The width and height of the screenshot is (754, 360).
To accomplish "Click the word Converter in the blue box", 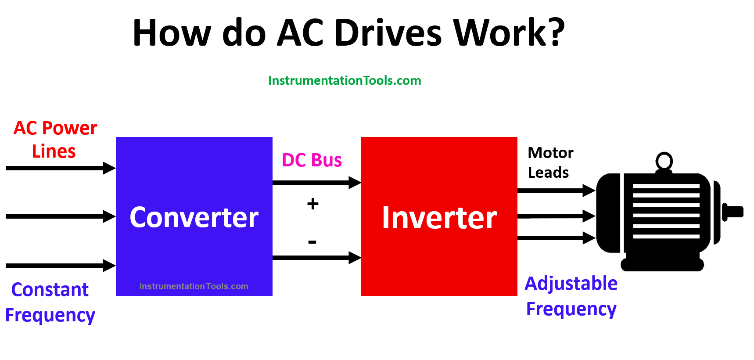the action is click(194, 217).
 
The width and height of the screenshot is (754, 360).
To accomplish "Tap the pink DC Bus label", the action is click(312, 160).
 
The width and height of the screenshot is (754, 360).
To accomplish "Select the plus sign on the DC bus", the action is click(313, 204).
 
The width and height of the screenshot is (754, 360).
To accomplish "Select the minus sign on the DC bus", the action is click(312, 242).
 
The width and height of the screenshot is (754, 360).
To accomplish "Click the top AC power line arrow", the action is click(61, 168).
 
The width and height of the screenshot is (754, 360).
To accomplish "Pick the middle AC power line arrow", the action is click(61, 216).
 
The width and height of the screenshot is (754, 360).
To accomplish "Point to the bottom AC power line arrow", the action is click(61, 266).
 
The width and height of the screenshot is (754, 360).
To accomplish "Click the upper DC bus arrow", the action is click(317, 183).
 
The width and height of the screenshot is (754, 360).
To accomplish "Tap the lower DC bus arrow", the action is click(317, 258).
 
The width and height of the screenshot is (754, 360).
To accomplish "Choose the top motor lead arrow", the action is click(557, 191).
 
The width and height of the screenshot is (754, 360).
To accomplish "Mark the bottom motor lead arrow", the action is click(557, 238).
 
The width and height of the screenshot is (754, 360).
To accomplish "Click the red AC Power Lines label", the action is click(55, 140).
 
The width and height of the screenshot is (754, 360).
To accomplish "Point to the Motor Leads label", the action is click(550, 162).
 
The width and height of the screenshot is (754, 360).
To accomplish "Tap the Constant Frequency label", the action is click(50, 302).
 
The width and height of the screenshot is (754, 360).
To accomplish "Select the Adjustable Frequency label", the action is click(571, 296).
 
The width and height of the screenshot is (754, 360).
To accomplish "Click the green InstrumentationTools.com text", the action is click(345, 81).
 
